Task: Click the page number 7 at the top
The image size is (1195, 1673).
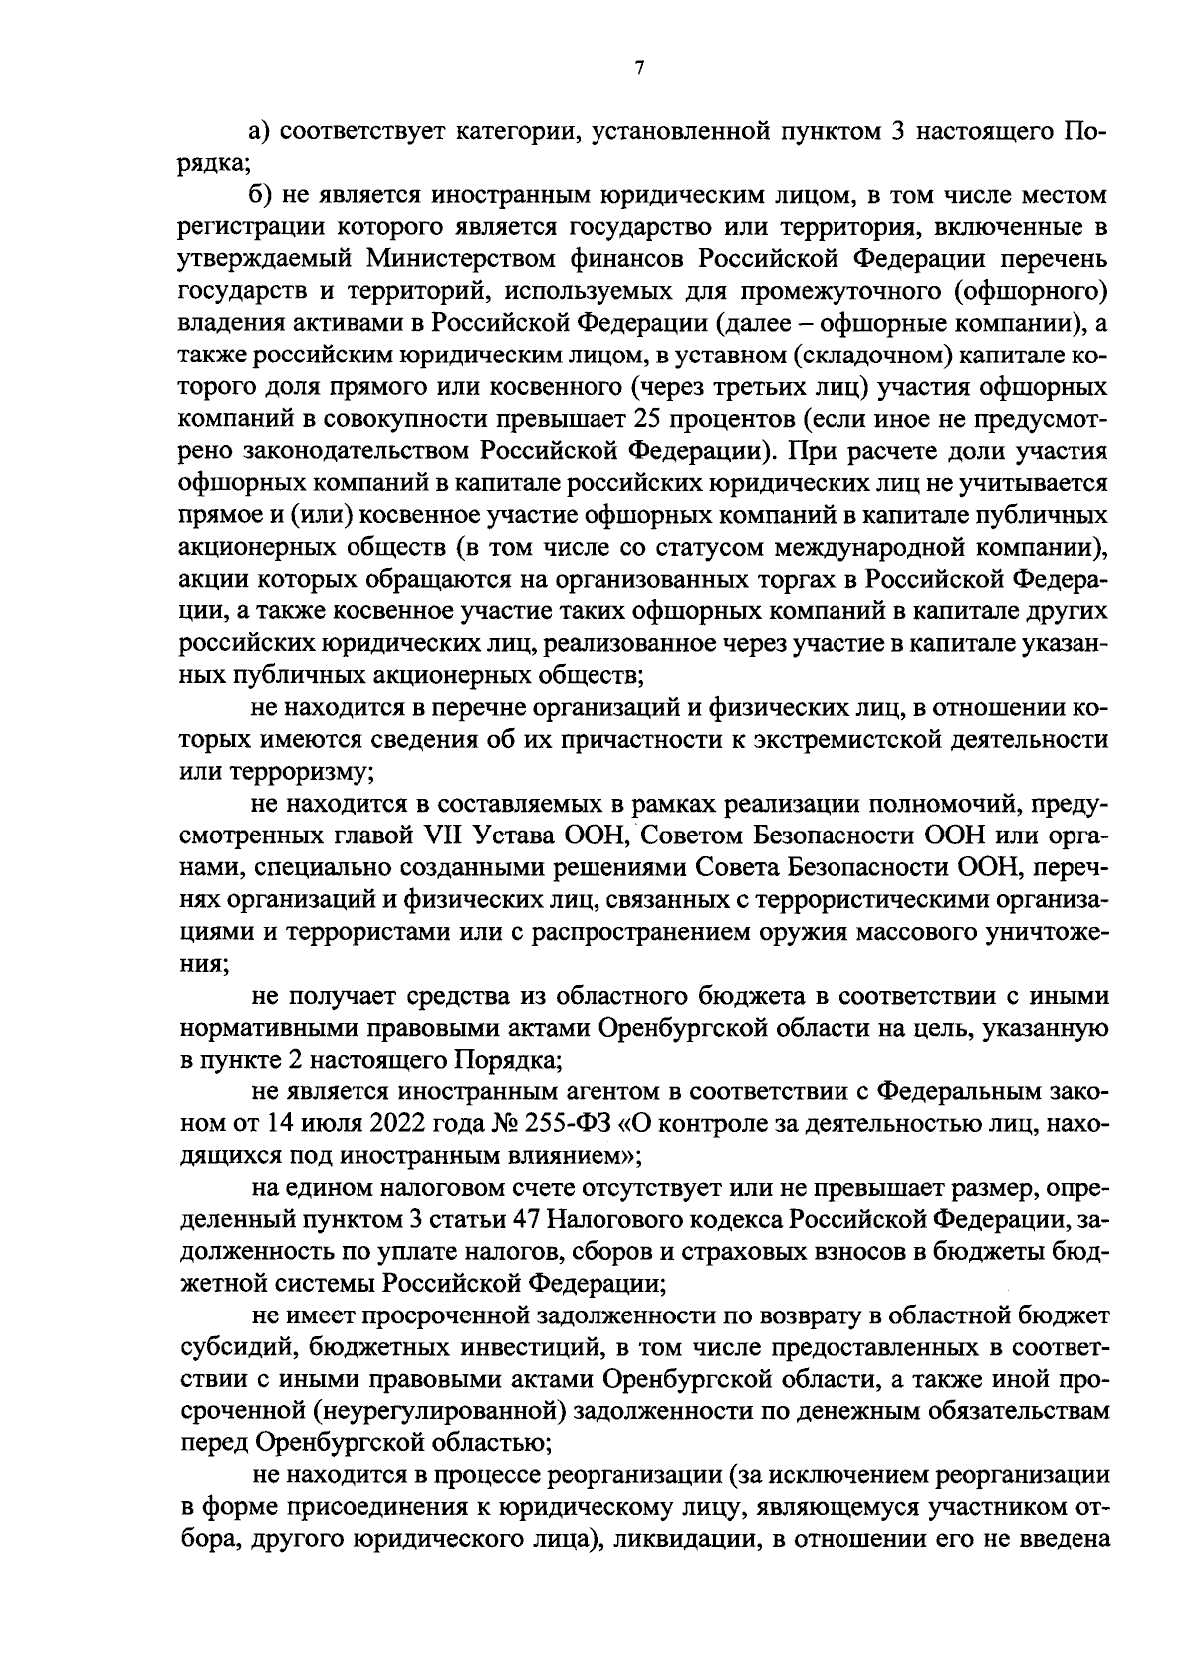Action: tap(638, 67)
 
